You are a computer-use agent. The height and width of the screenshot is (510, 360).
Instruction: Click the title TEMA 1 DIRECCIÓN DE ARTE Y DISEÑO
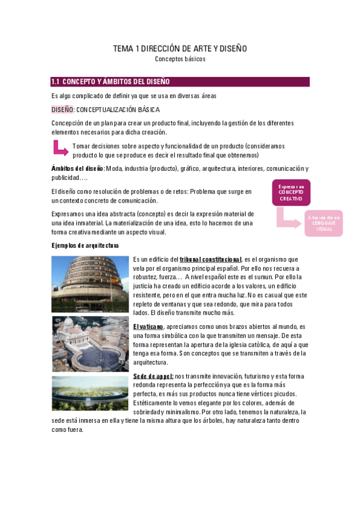180,48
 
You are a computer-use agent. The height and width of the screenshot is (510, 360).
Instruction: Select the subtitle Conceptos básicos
180,60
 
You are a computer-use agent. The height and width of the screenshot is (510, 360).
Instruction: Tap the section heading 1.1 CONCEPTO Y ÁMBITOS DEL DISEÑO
111,82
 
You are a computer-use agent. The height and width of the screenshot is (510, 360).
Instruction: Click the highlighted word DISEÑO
62,109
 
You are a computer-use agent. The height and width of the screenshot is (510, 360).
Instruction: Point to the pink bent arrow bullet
60,148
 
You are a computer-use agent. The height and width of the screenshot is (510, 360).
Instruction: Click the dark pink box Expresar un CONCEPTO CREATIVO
291,192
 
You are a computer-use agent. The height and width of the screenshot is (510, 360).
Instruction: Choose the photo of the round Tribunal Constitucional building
90,284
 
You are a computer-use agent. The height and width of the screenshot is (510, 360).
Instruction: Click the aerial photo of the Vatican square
90,344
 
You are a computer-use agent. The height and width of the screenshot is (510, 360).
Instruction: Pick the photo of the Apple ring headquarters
90,393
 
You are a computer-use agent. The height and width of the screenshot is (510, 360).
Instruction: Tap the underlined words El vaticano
148,326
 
